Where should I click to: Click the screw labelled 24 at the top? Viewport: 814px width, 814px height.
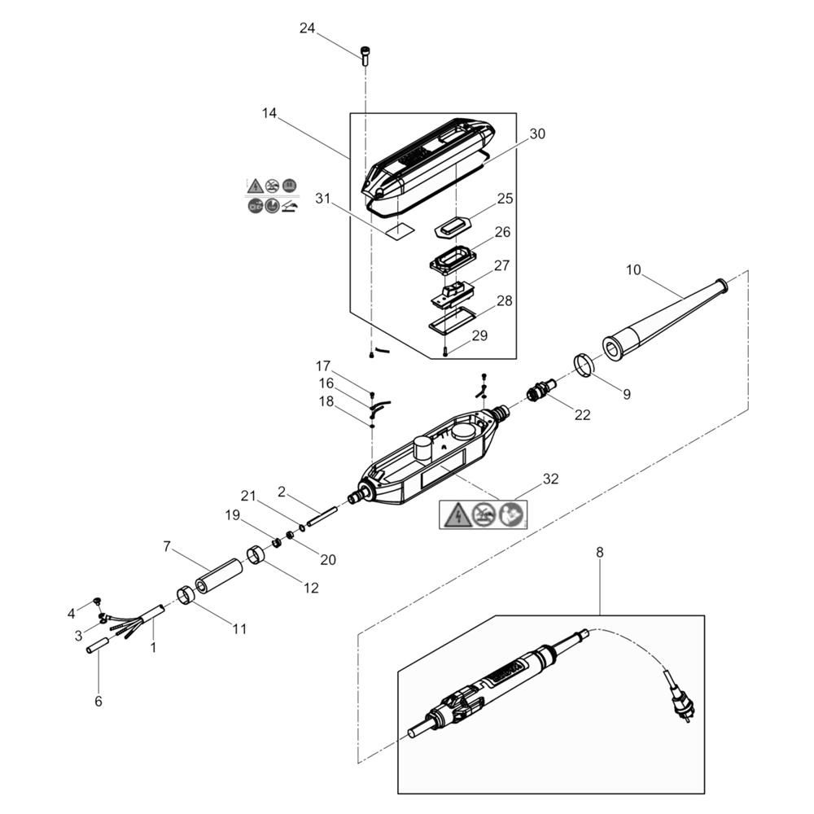coord(365,55)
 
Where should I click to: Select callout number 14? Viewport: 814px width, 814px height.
coord(269,113)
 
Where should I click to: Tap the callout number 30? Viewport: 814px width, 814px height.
coord(537,134)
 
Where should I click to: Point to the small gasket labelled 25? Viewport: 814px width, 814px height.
coord(452,228)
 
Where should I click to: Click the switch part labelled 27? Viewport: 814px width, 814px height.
coord(453,294)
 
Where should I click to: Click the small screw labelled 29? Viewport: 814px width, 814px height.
coord(446,352)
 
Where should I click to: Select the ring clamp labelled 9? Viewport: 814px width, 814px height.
coord(584,365)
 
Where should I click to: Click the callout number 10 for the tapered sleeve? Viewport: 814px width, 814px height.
coord(633,270)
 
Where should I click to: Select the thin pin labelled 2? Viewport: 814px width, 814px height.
coord(322,516)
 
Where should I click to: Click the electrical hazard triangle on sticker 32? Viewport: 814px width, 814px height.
coord(456,515)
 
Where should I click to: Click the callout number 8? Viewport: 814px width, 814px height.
coord(600,553)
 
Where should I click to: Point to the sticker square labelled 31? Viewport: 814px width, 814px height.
coord(400,230)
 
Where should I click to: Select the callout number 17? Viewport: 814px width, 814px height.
coord(323,366)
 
